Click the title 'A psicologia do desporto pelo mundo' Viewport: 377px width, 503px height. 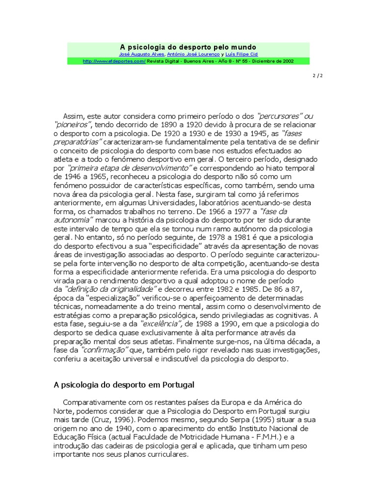coord(188,47)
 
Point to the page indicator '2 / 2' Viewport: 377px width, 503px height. coord(318,76)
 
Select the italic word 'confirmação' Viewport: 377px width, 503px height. coord(105,350)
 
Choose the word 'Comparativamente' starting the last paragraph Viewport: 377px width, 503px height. coord(93,402)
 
